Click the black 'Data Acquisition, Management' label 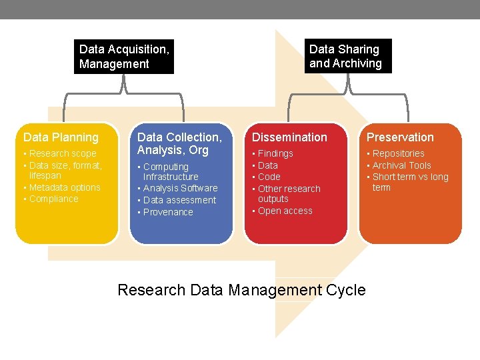pyautogui.click(x=124, y=57)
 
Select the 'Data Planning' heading pyautogui.click(x=61, y=137)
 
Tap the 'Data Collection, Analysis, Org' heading pyautogui.click(x=179, y=143)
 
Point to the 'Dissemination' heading pyautogui.click(x=289, y=137)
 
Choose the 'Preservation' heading pyautogui.click(x=400, y=137)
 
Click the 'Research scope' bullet pyautogui.click(x=63, y=153)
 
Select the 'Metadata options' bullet pyautogui.click(x=65, y=187)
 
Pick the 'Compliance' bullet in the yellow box pyautogui.click(x=54, y=199)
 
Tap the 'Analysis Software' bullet pyautogui.click(x=181, y=188)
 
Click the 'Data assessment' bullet pyautogui.click(x=180, y=200)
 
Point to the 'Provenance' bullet pyautogui.click(x=168, y=212)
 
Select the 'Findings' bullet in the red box pyautogui.click(x=275, y=153)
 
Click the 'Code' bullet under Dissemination pyautogui.click(x=269, y=177)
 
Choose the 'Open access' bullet pyautogui.click(x=285, y=211)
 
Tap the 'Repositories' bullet pyautogui.click(x=398, y=153)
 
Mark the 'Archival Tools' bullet pyautogui.click(x=401, y=165)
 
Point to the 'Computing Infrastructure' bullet pyautogui.click(x=170, y=171)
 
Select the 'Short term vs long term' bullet pyautogui.click(x=409, y=182)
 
